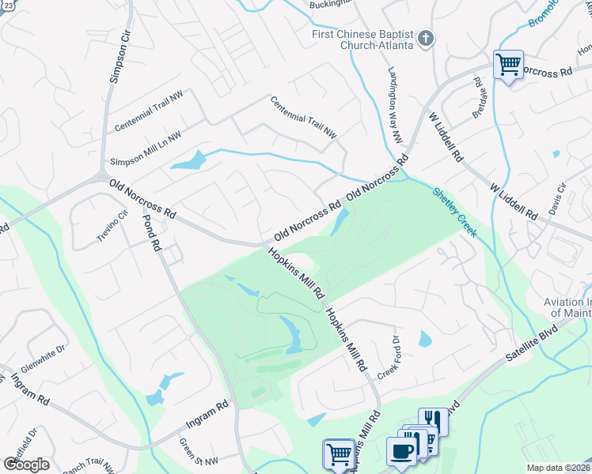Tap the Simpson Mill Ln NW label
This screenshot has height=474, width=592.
(146, 148)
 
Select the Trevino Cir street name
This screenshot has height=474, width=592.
(112, 228)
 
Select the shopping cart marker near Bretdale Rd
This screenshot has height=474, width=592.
(507, 64)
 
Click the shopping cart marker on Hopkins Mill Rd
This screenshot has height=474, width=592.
(338, 453)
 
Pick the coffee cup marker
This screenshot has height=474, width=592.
(400, 450)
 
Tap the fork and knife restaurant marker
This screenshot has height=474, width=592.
(433, 419)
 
